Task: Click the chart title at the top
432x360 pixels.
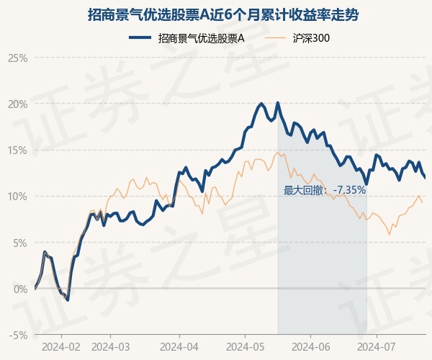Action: (223, 14)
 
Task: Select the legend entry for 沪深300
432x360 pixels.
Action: (297, 38)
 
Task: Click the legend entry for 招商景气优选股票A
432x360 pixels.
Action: (186, 38)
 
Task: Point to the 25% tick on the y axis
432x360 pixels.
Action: (17, 58)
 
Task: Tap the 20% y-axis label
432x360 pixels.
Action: (17, 104)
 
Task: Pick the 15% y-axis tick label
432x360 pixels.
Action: (17, 150)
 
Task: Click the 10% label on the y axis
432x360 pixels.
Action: (17, 197)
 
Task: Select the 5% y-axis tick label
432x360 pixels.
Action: (20, 243)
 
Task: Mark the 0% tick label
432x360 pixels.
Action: (20, 289)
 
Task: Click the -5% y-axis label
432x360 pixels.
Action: (19, 336)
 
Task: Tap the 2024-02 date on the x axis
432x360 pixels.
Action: (61, 347)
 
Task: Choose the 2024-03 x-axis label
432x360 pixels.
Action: (110, 347)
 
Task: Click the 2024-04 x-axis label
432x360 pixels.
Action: (179, 347)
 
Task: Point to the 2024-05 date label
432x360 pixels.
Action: (246, 347)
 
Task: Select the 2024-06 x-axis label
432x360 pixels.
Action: (311, 347)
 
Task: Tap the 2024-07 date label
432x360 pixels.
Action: (377, 347)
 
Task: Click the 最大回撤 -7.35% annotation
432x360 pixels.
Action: (325, 190)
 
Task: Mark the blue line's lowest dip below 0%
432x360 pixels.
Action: (68, 300)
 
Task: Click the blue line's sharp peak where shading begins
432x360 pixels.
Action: (278, 103)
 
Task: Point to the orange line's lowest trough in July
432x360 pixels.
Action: (390, 235)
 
